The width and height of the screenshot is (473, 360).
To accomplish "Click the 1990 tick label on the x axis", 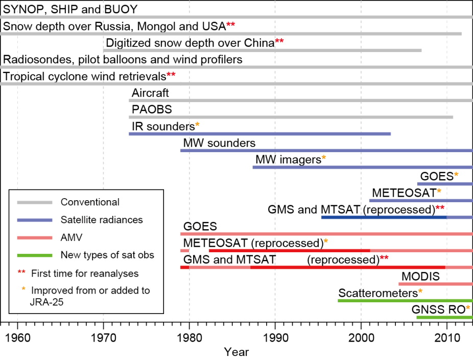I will pos(275,338).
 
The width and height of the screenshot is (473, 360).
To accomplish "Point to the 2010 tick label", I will pos(447,338).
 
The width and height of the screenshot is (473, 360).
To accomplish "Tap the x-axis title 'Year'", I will pos(236,352).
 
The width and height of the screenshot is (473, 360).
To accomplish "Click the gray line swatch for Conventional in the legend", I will pos(35,203).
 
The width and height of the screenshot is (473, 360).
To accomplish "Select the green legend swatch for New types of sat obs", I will pos(35,255).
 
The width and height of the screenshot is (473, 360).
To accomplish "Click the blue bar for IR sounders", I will pos(259,134).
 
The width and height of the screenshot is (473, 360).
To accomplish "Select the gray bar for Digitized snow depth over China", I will pos(262,51).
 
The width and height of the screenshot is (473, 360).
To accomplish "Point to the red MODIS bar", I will pos(435,284).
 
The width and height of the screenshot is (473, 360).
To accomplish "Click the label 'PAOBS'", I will pos(152,110).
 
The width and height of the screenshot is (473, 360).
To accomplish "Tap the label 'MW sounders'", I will pos(219,143).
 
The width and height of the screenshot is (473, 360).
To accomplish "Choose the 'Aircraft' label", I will pos(150,93).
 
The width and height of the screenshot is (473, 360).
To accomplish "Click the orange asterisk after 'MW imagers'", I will pos(323,159).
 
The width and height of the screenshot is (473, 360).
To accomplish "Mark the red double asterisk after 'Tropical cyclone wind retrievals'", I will pos(171,76).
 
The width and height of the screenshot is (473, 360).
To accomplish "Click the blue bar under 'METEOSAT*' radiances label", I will pos(420,201).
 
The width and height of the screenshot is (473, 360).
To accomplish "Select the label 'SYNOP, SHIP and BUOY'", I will pos(70,9).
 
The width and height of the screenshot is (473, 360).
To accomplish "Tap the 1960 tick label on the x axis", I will pos(17,338).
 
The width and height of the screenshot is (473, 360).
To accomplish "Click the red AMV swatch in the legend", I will pos(35,237).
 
